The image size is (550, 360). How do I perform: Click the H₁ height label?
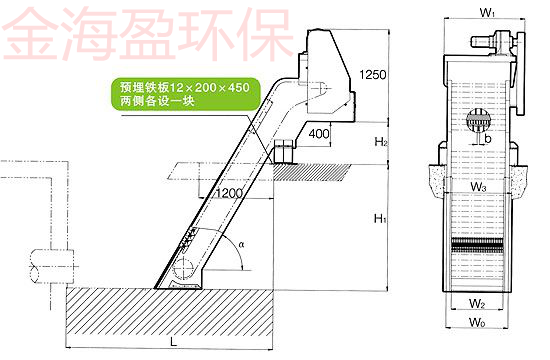pos(381,218)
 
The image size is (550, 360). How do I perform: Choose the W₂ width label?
pos(480,302)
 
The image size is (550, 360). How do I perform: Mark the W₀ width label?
pos(481,324)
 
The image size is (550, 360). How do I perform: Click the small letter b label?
pos(487,139)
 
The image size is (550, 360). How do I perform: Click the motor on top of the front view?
pos(490,43)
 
